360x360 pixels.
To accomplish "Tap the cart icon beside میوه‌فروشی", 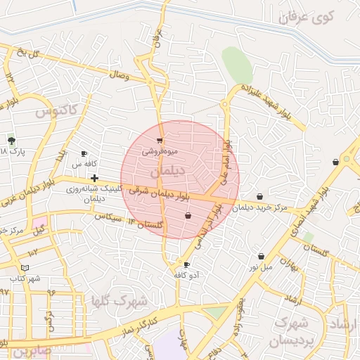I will tap(160, 141).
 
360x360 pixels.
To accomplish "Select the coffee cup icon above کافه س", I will tap(84, 154).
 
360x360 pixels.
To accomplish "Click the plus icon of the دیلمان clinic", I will tap(94, 179).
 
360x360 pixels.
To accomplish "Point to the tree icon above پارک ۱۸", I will tap(11, 140).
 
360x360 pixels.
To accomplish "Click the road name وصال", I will tap(119, 74).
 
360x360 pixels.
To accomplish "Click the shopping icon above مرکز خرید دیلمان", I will tap(260, 197).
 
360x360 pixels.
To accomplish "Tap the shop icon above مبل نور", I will tap(262, 257).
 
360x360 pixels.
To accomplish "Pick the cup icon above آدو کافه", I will tap(186, 265).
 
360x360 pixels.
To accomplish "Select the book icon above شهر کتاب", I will tap(25, 268).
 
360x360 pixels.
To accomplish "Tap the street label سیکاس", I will tap(109, 217).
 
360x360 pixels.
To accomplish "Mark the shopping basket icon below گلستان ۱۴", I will tap(188, 217).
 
